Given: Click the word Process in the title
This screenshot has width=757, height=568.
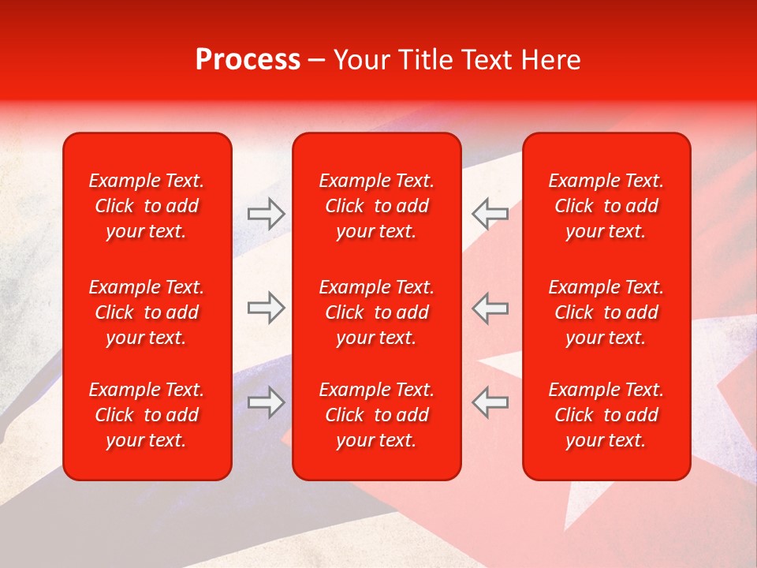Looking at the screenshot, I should click(248, 60).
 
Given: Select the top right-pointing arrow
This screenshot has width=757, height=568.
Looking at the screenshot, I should click(267, 212).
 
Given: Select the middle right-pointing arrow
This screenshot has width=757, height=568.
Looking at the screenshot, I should click(267, 308).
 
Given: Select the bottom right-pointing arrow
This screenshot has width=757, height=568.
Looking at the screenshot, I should click(267, 402).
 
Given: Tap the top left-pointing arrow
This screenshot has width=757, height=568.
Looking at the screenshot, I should click(490, 212).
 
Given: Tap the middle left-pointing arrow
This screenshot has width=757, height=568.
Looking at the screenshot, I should click(490, 308).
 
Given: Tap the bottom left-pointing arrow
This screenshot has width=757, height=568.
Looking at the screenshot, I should click(490, 402).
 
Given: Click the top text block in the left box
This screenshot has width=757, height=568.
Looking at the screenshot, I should click(147, 206).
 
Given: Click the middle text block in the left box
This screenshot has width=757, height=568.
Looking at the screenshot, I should click(147, 312).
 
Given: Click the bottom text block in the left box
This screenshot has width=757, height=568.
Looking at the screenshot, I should click(147, 415).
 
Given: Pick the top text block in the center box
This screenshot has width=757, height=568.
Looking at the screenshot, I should click(377, 206).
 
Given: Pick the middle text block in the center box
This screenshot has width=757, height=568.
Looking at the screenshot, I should click(377, 312).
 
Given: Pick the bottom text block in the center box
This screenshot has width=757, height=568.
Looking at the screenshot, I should click(377, 415).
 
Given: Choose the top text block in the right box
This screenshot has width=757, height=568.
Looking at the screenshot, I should click(606, 206).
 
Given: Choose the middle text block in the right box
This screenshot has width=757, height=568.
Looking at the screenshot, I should click(606, 312).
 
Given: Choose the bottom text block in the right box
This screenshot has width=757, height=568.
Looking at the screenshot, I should click(606, 415).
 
